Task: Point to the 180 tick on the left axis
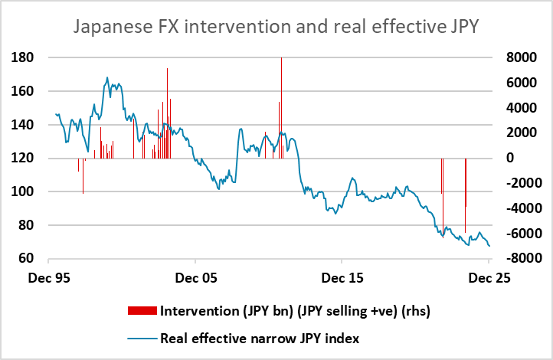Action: pos(23,57)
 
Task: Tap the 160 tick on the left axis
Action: pos(23,91)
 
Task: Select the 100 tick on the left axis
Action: pos(23,191)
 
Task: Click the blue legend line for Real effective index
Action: pos(143,337)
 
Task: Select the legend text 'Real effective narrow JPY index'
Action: pos(260,337)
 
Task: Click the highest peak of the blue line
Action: pos(108,77)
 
